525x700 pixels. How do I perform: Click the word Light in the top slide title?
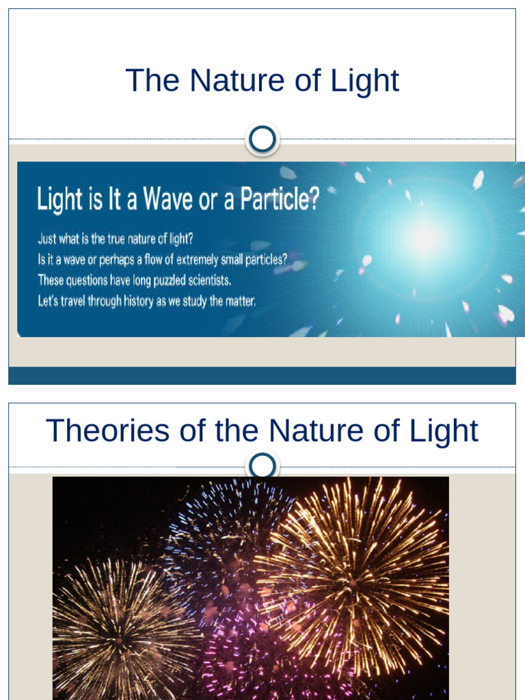coord(364,81)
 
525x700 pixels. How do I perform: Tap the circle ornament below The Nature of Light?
coord(262,139)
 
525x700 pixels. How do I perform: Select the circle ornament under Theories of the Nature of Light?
coord(262,467)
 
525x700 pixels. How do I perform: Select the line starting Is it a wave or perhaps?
coord(162,260)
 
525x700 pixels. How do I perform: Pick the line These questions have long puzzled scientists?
coord(135,280)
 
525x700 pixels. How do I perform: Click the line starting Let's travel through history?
coord(146,300)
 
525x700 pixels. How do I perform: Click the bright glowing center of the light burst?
coord(426,237)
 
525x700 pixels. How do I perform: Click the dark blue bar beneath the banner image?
coord(262,375)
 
